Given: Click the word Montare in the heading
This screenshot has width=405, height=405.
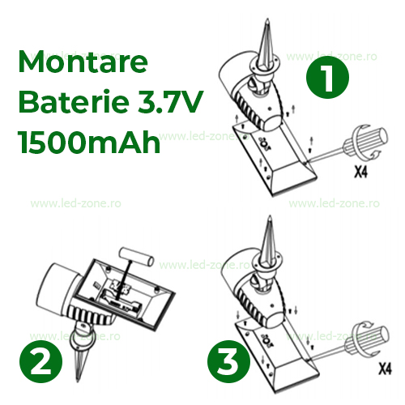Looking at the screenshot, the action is coord(83,62).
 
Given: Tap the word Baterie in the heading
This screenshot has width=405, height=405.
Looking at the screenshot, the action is coord(74,102).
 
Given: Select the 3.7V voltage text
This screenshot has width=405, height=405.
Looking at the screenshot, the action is coord(171,102).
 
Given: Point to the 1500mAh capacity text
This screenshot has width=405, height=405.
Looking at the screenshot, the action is coord(89,142).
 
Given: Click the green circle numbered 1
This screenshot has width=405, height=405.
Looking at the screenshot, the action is coord(327,78).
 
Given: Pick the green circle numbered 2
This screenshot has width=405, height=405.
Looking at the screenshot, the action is coord(41,362).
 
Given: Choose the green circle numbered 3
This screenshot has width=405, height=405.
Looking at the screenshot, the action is coord(228,361).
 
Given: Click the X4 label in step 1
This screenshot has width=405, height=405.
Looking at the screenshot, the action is coord(361,172).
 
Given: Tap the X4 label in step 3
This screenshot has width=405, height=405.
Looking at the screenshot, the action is coord(385,369).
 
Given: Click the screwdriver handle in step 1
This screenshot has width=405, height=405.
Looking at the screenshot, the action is coord(366,142).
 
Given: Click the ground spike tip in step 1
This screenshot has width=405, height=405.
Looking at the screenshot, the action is coord(267,19).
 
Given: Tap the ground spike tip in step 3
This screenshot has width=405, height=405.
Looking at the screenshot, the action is coord(269,216).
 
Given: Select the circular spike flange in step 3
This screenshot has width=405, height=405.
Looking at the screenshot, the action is coord(266,263).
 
